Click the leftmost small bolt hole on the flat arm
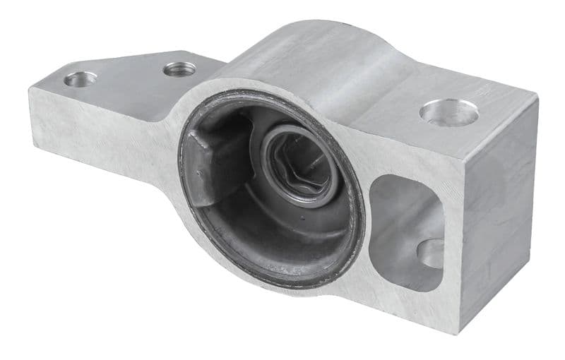coord(80,79)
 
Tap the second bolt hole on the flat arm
coord(179,69)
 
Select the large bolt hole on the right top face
coord(449,112)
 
